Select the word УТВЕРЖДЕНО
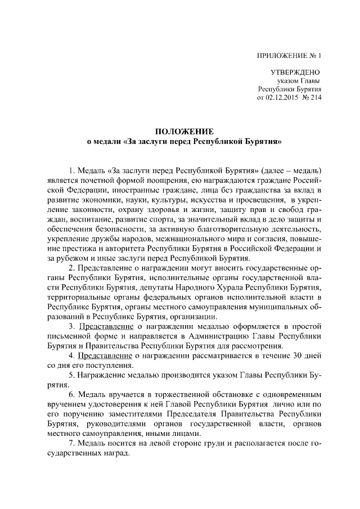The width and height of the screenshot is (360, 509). [295, 73]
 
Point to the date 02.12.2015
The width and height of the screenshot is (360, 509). [285, 97]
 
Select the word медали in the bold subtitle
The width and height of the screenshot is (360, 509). [106, 142]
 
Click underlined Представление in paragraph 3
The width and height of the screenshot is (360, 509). [105, 327]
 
